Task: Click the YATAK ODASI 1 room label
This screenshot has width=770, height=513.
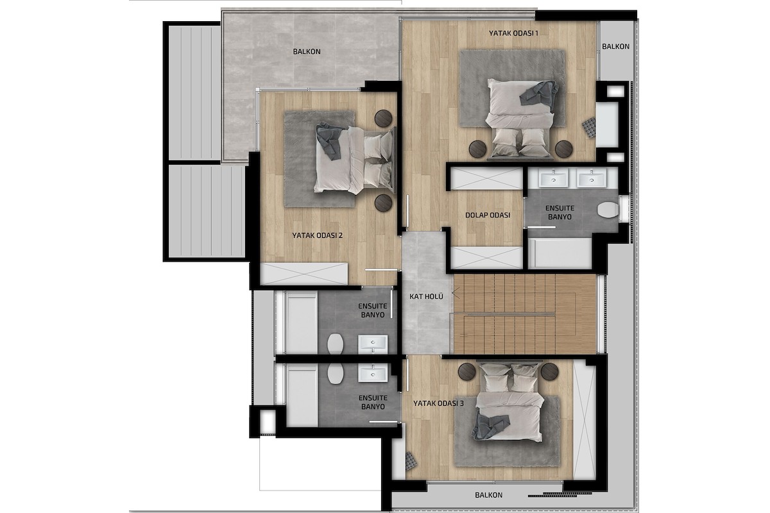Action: coord(513,33)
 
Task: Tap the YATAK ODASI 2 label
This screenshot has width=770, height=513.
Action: coord(317,236)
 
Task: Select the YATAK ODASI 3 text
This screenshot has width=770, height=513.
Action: coord(439,403)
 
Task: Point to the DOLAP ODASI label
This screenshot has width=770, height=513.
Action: coord(488,215)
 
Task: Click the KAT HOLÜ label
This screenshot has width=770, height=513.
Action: coord(426,296)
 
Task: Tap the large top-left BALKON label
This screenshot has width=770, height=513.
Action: coord(307,51)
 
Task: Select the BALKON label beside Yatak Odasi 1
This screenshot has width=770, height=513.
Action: coord(615,46)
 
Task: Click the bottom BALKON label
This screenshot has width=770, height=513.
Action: coord(488,495)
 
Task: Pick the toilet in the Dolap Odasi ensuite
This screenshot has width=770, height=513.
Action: coord(608,210)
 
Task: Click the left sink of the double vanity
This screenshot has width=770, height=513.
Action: coord(553,179)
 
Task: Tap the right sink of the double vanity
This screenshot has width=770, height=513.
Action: coord(592,179)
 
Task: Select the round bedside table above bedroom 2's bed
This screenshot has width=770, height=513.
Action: coord(383,119)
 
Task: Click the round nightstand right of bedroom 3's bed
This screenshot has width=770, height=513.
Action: coord(550,372)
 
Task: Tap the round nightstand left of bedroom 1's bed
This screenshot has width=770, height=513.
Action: coord(478,149)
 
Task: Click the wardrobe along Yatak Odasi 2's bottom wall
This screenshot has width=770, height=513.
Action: coord(304,274)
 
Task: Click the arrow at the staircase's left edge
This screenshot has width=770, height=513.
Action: coord(456,294)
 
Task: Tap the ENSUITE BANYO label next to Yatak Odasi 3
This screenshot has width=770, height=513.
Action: coord(373,402)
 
